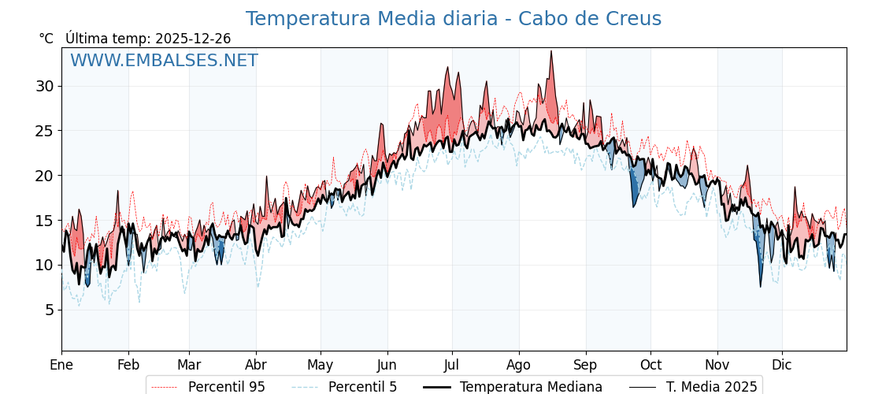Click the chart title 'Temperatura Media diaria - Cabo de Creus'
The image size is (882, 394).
pos(453,19)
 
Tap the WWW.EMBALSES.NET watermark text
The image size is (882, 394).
pos(164,61)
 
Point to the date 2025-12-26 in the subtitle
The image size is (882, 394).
pos(193,39)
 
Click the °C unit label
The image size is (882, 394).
pos(46,39)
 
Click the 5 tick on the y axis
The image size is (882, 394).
pos(49,310)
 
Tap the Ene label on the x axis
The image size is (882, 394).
pos(61,365)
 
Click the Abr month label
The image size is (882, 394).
pos(256,365)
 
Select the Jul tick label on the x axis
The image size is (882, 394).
pos(452,365)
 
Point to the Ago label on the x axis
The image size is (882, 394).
pos(519,365)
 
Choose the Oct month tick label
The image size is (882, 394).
pos(650,365)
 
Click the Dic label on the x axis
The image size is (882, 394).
pos(782,365)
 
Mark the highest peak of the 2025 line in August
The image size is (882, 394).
pos(551,51)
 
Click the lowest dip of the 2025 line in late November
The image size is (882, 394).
pos(761,286)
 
